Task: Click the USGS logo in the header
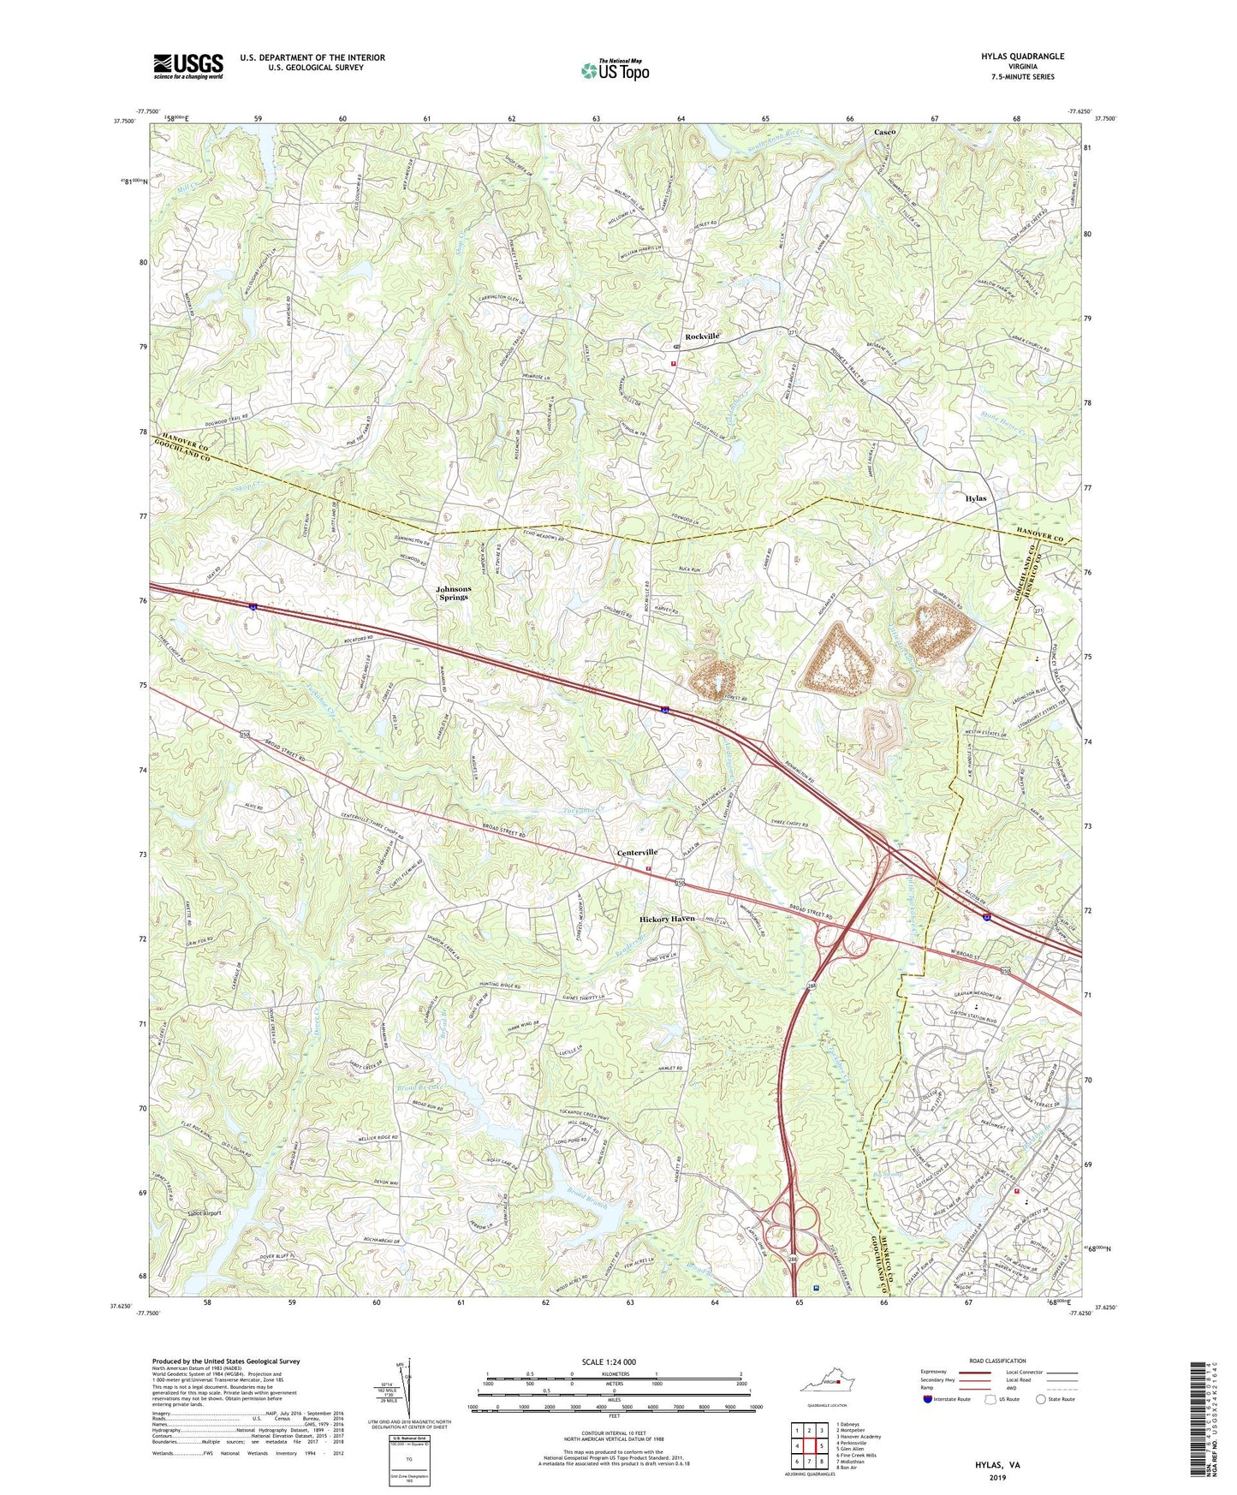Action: (x=188, y=66)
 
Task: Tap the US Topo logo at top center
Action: (x=614, y=70)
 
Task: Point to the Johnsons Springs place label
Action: (x=453, y=593)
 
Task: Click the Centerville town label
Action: (x=637, y=853)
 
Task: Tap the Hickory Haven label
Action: (x=667, y=919)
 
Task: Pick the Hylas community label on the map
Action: (x=975, y=498)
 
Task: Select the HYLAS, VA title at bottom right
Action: (x=997, y=1465)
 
